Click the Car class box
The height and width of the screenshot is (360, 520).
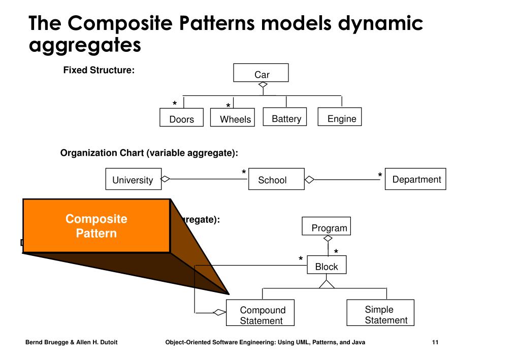[x=261, y=73]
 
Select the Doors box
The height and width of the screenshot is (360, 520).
[x=181, y=117]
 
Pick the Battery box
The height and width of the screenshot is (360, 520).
[x=286, y=117]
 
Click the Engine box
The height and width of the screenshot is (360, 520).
[x=340, y=117]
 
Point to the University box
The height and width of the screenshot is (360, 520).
[x=133, y=179]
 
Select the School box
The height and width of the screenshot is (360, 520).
[x=276, y=179]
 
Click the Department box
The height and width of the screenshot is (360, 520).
[x=415, y=179]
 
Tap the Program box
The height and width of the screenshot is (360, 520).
[x=327, y=226]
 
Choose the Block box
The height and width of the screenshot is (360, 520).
[x=327, y=265]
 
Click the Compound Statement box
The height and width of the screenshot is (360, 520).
[x=261, y=313]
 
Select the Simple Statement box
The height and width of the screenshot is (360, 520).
[x=380, y=313]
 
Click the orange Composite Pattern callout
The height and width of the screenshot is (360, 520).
[x=96, y=226]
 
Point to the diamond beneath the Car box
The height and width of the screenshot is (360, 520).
[x=263, y=85]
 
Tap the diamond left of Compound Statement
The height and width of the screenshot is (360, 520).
[x=219, y=312]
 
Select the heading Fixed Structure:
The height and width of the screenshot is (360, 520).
[x=99, y=70]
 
